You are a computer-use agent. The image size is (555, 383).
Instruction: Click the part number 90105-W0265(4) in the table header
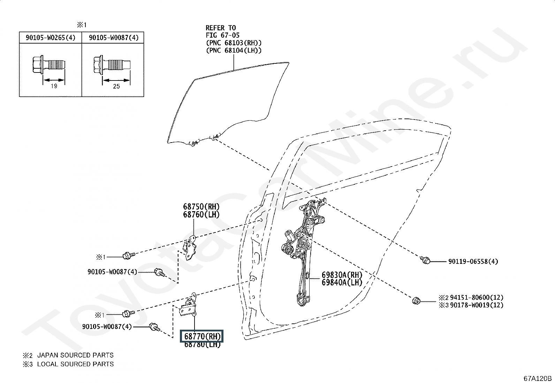coord(51,38)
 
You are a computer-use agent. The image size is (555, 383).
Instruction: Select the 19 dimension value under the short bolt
coord(54,86)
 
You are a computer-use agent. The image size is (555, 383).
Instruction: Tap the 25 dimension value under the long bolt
coord(116,86)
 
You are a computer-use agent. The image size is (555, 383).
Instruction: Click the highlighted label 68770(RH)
coord(202,336)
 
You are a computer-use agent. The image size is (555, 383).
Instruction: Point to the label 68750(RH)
coord(201,206)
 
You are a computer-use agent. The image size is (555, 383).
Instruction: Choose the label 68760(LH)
coord(201,215)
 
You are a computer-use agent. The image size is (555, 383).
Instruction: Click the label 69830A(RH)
coord(342,275)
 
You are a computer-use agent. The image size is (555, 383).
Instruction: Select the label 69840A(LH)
coord(342,282)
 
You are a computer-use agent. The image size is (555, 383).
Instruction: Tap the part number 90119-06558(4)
coord(473,261)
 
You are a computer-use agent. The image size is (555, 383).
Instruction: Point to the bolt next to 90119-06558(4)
coord(425,260)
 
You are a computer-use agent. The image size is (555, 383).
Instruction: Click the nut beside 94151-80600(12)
coord(416,301)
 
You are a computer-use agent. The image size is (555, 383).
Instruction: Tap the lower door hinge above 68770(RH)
coord(188,305)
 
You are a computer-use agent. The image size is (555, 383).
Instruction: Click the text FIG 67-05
coord(222,35)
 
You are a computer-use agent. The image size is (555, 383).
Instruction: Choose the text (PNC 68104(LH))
coord(234,50)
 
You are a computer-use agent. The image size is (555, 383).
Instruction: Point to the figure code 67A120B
coord(538,378)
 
